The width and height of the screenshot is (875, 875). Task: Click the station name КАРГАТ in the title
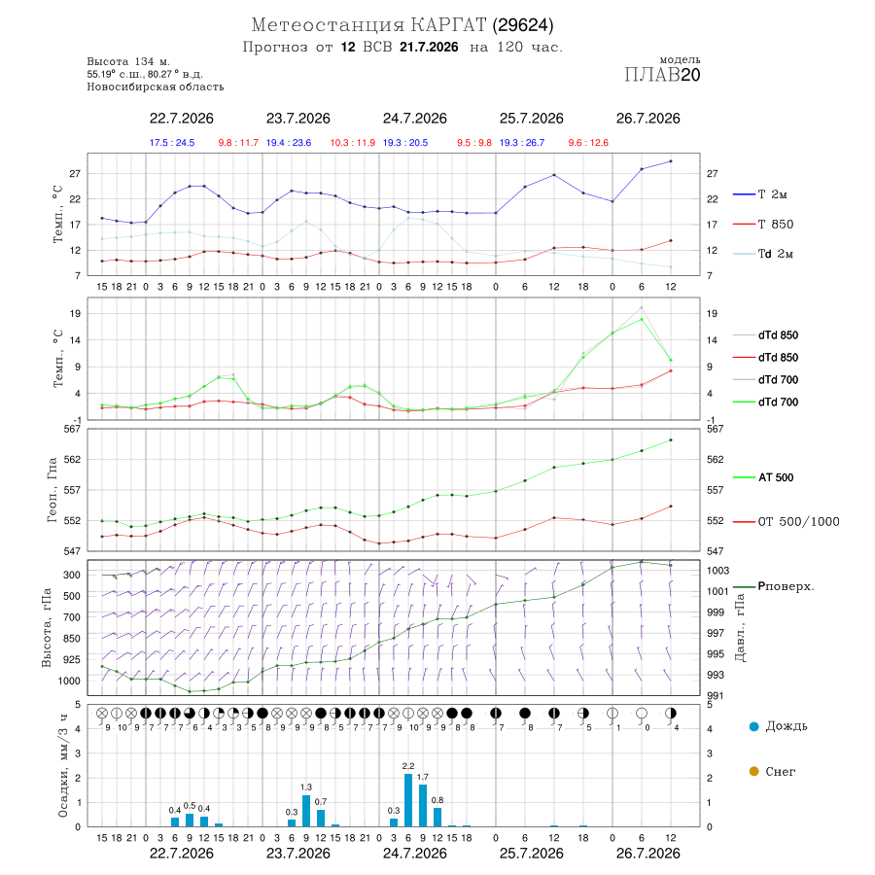point(448,25)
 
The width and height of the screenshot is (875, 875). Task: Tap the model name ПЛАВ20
point(662,75)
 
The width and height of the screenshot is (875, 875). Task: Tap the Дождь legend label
point(787,726)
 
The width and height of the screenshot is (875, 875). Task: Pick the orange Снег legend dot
point(753,771)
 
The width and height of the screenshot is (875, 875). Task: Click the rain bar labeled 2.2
point(408,800)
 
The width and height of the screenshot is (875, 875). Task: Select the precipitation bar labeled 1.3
point(306,811)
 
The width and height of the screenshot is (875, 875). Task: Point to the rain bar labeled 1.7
point(423,806)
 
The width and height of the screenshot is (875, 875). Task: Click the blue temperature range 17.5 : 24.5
point(172,143)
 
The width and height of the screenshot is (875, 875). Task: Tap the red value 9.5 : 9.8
point(474,143)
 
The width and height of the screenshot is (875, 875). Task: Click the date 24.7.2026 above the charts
point(414,119)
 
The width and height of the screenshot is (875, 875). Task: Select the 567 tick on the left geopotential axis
point(73,429)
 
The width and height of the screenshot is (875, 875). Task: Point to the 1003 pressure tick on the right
point(717,571)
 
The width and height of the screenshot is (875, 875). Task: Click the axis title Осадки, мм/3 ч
point(63,766)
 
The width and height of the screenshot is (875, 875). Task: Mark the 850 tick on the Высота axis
point(72,639)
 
